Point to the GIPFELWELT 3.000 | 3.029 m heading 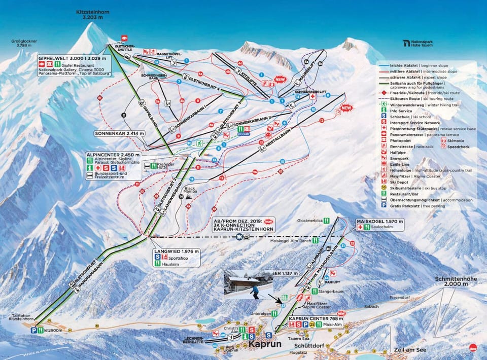click(x=74, y=58)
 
